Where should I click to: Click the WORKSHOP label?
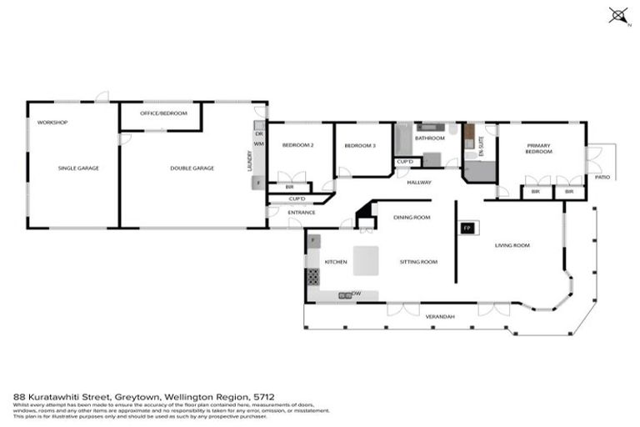click(52, 123)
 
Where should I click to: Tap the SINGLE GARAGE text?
click(78, 168)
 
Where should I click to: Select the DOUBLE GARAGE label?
click(192, 168)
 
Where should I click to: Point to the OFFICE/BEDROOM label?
click(163, 113)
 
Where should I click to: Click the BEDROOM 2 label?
click(297, 146)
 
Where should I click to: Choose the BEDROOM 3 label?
click(361, 146)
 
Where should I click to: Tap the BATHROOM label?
click(429, 138)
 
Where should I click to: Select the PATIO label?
click(602, 177)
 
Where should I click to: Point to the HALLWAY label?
click(418, 183)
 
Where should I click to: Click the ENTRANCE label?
click(302, 213)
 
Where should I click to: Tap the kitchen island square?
click(364, 261)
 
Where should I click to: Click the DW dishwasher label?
click(356, 294)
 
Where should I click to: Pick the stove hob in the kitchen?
click(313, 277)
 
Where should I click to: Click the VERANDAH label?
click(440, 317)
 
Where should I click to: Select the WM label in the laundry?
click(258, 144)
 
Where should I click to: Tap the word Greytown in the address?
click(102, 398)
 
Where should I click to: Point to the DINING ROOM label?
click(411, 217)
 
